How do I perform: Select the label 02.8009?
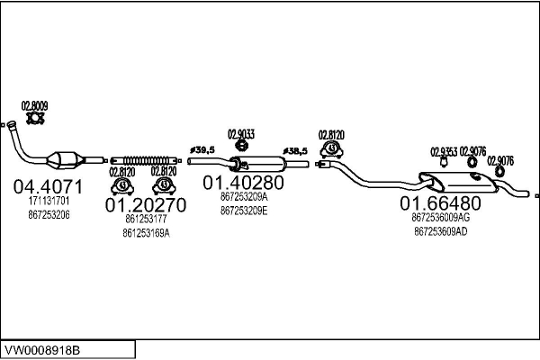pos(35,105)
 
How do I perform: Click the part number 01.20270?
pos(146,205)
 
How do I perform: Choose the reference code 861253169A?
pos(146,232)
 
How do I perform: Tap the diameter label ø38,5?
pos(294,150)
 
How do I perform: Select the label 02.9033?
pos(241,134)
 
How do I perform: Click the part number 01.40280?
pos(243,183)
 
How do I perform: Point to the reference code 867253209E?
pos(243,211)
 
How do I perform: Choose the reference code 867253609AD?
pos(440,230)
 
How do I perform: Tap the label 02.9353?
pos(444,151)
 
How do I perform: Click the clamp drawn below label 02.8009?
pos(35,118)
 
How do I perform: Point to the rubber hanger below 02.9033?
pos(241,146)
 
